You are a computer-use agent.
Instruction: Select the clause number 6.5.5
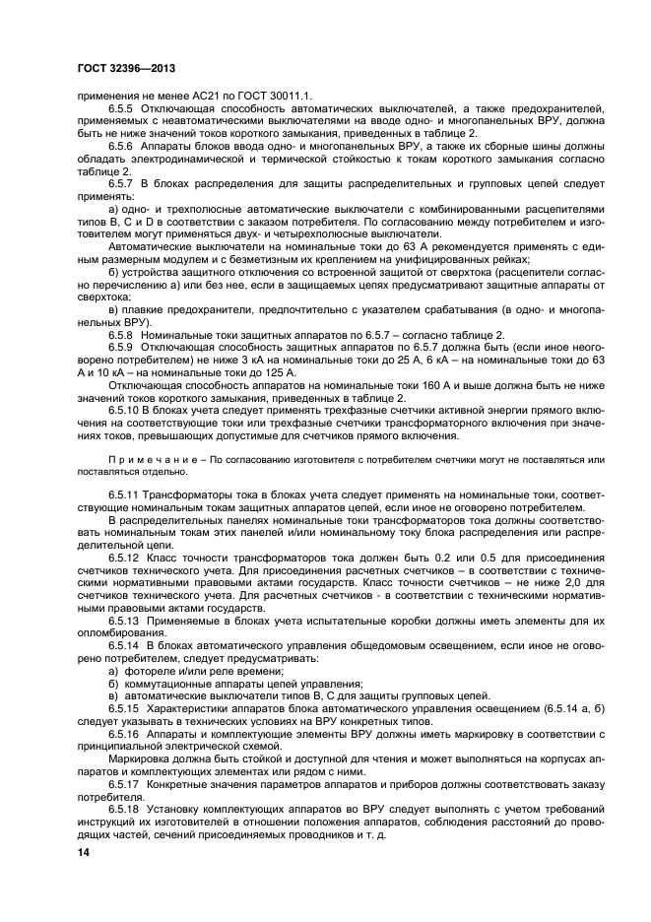pos(123,105)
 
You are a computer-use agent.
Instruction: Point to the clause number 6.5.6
pos(123,145)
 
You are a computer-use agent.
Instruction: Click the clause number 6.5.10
pos(126,407)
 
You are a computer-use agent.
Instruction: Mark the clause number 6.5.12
pos(126,559)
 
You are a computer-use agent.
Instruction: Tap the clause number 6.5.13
pos(126,622)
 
